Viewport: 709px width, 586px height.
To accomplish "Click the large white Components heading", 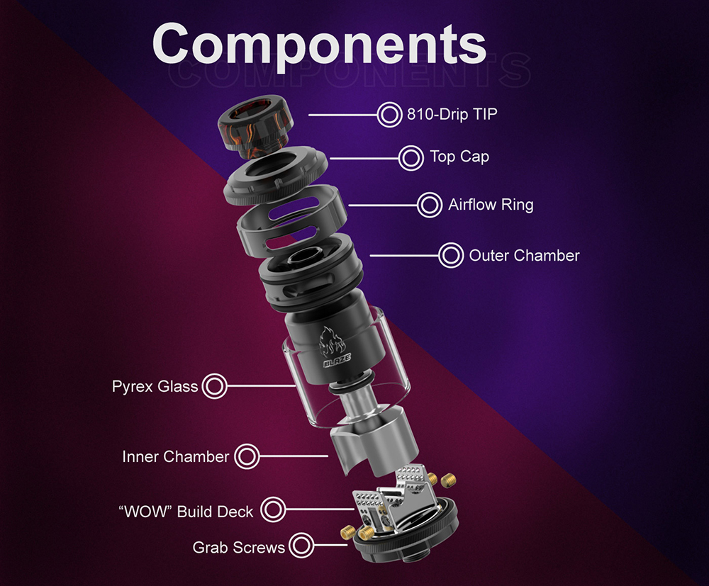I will click(x=319, y=45).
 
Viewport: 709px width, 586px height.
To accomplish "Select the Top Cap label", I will click(x=459, y=157).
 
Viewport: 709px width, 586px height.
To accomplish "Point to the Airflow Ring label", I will click(x=491, y=205).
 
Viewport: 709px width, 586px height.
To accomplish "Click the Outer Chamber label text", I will click(x=524, y=255).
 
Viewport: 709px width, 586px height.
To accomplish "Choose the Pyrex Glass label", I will click(x=155, y=387).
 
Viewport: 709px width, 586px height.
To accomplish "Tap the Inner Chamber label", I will click(x=175, y=456).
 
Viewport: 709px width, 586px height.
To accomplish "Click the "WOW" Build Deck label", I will click(x=185, y=510).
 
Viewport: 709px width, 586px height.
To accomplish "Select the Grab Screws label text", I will click(x=238, y=547).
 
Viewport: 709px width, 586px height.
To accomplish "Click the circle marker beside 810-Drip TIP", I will click(x=389, y=114).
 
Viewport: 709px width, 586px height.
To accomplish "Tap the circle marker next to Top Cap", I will click(x=411, y=157).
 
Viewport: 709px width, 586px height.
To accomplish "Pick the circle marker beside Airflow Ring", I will click(x=429, y=205).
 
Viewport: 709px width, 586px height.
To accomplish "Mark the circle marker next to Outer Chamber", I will click(x=450, y=255).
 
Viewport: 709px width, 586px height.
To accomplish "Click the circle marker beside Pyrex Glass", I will click(x=215, y=387).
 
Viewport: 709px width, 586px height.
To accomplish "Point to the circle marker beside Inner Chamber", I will click(x=247, y=456).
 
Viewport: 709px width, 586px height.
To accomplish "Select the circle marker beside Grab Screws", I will click(x=301, y=546).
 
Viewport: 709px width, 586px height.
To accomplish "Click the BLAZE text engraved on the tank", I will click(x=337, y=363).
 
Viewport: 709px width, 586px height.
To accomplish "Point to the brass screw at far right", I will click(x=447, y=480).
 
